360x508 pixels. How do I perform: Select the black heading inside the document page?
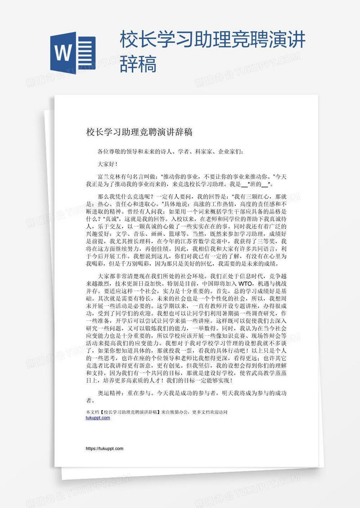pyautogui.click(x=139, y=132)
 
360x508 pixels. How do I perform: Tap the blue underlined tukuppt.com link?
pyautogui.click(x=98, y=418)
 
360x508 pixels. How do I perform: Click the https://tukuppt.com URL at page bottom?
pyautogui.click(x=104, y=449)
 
